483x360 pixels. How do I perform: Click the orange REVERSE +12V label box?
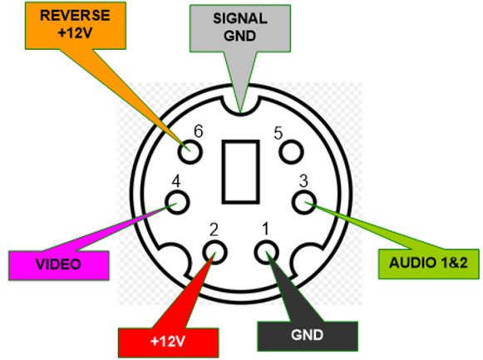click(76, 26)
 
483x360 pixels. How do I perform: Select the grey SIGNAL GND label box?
click(240, 28)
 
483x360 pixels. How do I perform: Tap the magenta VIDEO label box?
click(58, 265)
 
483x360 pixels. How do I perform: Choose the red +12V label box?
click(169, 343)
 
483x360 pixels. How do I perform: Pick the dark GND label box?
click(308, 336)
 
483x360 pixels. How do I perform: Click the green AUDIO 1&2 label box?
click(428, 264)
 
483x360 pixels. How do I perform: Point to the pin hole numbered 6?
click(190, 152)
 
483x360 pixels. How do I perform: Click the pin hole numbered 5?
click(291, 151)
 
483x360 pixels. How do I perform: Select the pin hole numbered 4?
click(177, 202)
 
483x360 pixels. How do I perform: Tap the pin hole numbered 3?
click(303, 202)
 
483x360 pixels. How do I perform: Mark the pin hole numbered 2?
click(214, 253)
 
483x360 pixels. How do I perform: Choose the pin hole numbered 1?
click(267, 253)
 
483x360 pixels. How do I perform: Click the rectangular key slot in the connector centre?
click(240, 172)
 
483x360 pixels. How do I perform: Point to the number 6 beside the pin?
click(199, 131)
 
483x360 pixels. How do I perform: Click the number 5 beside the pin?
click(278, 133)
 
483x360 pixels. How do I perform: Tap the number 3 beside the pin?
click(303, 181)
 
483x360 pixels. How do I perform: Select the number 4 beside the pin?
click(176, 181)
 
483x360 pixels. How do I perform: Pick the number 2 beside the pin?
click(214, 229)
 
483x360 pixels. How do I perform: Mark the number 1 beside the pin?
click(265, 229)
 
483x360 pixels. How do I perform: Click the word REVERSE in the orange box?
click(75, 16)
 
